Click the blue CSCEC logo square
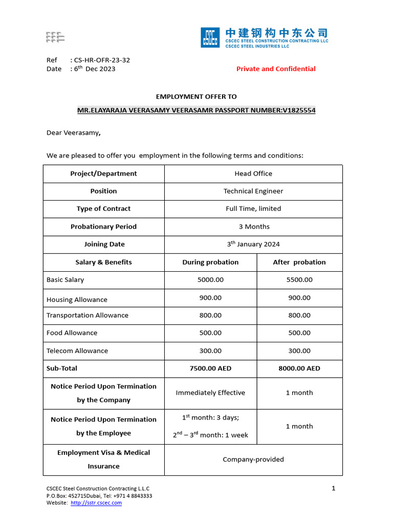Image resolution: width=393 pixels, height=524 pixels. pyautogui.click(x=210, y=37)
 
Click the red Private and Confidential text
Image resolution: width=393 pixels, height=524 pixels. pyautogui.click(x=276, y=69)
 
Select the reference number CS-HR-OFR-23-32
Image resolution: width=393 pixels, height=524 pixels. pyautogui.click(x=102, y=60)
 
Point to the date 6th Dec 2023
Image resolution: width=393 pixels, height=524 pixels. pyautogui.click(x=95, y=69)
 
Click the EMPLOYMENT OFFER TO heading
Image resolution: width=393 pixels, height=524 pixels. pyautogui.click(x=196, y=97)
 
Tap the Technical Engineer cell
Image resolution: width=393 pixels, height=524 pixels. pyautogui.click(x=253, y=191)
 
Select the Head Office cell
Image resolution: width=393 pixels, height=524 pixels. pyautogui.click(x=253, y=173)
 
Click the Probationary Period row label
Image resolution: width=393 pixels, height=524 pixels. pyautogui.click(x=103, y=227)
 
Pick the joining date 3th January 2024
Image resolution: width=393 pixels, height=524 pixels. pyautogui.click(x=253, y=244)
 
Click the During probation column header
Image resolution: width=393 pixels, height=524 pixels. pyautogui.click(x=210, y=262)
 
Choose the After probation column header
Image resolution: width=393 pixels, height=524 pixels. pyautogui.click(x=299, y=262)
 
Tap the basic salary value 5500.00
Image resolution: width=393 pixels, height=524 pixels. pyautogui.click(x=299, y=280)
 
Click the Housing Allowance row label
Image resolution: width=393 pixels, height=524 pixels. pyautogui.click(x=77, y=300)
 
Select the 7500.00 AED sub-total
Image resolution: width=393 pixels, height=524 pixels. pyautogui.click(x=210, y=368)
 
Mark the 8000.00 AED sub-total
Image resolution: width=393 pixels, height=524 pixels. pyautogui.click(x=299, y=368)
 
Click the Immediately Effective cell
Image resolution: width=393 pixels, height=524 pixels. pyautogui.click(x=210, y=393)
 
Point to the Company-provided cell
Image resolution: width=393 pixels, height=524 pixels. pyautogui.click(x=253, y=460)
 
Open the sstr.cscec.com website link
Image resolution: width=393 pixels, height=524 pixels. pyautogui.click(x=96, y=503)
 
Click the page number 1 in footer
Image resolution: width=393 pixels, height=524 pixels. pyautogui.click(x=334, y=489)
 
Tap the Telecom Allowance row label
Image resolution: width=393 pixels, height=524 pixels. pyautogui.click(x=77, y=351)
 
